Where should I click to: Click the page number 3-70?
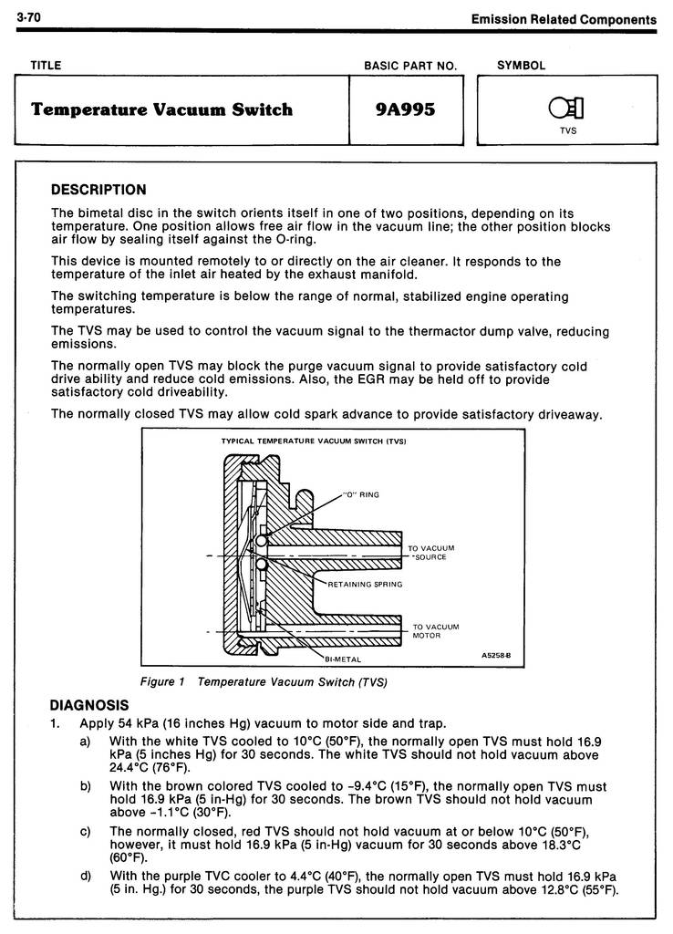[26, 17]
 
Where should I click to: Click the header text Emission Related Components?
[564, 19]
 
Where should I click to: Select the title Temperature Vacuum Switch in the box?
[161, 110]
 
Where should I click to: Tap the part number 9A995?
[406, 110]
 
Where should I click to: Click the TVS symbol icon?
[566, 109]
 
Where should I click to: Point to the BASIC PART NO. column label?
[409, 66]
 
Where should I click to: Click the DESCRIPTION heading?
[98, 190]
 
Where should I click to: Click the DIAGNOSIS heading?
[89, 705]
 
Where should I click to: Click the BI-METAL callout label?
[342, 659]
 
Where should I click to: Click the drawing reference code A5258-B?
[496, 655]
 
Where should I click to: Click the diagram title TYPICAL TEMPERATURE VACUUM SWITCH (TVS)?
[314, 441]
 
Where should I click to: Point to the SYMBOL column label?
[522, 66]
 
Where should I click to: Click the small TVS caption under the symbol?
[568, 130]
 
